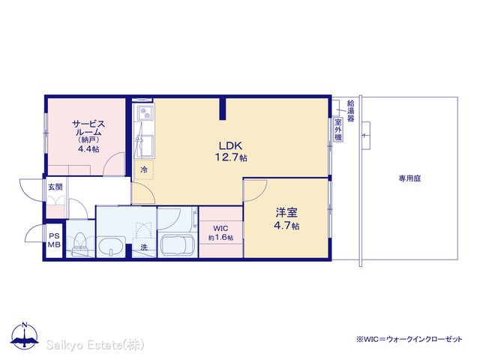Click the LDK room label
[x=230, y=145]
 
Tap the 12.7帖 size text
[x=231, y=157]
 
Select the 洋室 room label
[x=286, y=213]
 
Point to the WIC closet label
[x=220, y=228]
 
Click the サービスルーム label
[x=88, y=128]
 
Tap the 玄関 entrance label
[x=55, y=187]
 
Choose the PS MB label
[x=54, y=240]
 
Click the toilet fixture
[x=79, y=243]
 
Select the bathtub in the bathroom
[x=178, y=245]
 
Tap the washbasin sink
[x=111, y=246]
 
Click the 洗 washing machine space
[x=144, y=247]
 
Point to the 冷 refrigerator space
[x=144, y=169]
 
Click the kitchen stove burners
[x=144, y=112]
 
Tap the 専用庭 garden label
[x=409, y=178]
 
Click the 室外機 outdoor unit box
[x=338, y=129]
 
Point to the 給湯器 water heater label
[x=350, y=110]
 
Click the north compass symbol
[x=25, y=336]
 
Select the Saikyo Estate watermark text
[x=95, y=345]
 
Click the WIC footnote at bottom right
[x=409, y=339]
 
